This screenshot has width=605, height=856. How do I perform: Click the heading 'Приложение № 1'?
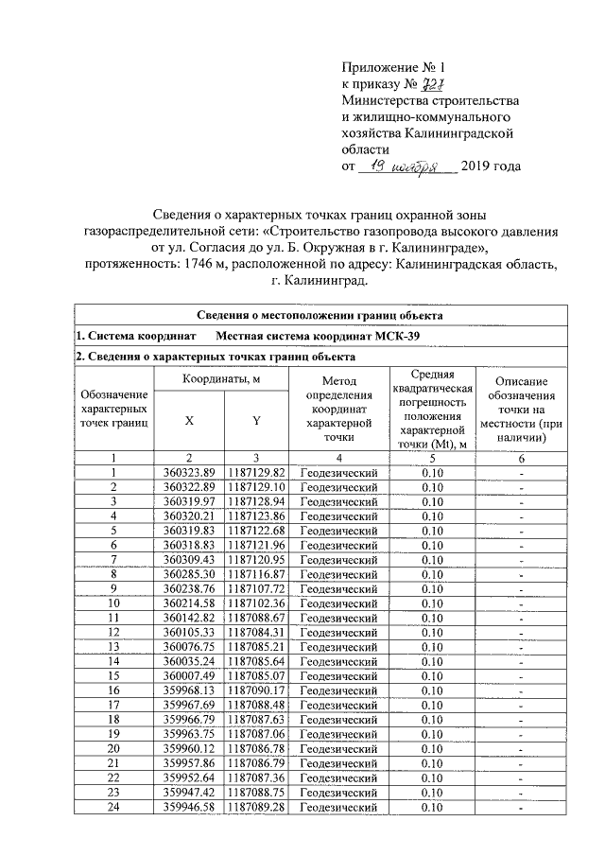point(391,68)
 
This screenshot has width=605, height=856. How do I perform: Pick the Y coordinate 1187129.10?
point(256,486)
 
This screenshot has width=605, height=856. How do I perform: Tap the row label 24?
point(113,807)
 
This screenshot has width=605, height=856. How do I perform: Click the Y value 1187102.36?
point(256,603)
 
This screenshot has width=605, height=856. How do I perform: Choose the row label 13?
point(113,646)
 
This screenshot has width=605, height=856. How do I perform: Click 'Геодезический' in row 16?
point(338,690)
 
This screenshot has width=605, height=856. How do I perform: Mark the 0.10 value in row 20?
point(432,748)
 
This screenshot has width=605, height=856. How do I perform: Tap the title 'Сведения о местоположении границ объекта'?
point(320,315)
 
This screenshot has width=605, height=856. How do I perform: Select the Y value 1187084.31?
point(256,632)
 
